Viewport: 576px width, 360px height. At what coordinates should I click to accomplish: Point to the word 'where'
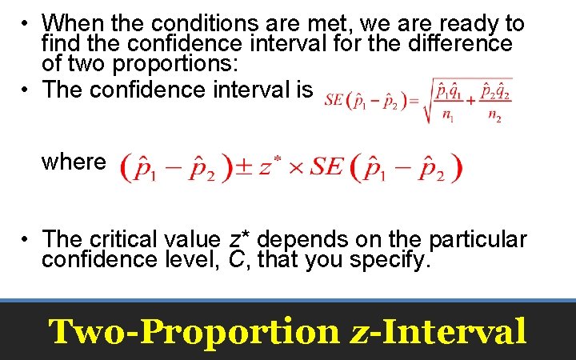tap(74, 162)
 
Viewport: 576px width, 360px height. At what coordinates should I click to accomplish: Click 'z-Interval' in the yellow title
tap(438, 330)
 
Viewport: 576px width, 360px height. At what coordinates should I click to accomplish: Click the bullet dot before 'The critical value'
tap(26, 238)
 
